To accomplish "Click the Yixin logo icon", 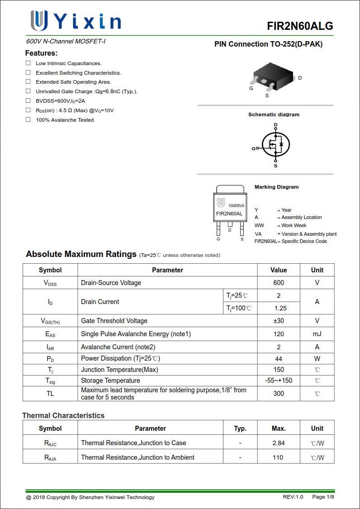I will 39,20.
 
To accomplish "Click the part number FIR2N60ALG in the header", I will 300,26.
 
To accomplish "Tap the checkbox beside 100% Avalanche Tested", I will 28,119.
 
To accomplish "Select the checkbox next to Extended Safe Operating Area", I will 28,82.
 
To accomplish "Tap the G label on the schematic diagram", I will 253,148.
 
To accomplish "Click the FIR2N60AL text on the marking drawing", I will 229,214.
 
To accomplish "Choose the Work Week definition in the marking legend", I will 294,225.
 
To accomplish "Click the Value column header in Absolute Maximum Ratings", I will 279,270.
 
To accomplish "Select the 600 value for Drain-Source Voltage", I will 279,283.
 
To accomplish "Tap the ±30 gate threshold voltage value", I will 279,321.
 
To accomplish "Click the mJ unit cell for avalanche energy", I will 317,334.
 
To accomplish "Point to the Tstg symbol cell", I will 50,381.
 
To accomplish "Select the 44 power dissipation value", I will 279,358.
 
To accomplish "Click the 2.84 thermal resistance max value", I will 279,443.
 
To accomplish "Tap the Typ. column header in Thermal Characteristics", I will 240,428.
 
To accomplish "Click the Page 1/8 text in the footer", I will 323,497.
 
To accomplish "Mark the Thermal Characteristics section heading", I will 63,415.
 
